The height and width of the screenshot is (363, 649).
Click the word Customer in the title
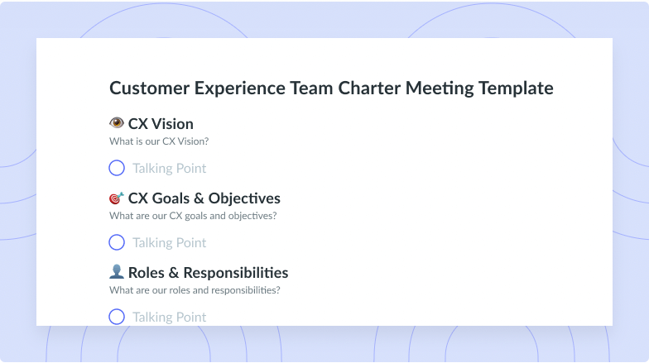coord(149,88)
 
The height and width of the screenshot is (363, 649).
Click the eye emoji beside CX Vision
coord(117,122)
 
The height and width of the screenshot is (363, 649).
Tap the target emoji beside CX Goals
coord(117,198)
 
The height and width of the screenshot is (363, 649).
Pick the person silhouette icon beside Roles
coord(117,271)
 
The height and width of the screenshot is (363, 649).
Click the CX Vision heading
coord(161,124)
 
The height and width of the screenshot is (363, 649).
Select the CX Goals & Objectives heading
coord(204,198)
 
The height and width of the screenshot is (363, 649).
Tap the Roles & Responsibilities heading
coord(209,273)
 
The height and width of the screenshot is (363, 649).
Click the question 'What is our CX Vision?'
coord(159,141)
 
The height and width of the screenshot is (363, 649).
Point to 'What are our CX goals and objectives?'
coord(193,216)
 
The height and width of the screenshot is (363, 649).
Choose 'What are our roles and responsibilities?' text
coord(195,290)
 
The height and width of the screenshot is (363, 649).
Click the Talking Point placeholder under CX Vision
coord(169,169)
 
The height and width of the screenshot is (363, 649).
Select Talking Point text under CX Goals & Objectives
coord(169,243)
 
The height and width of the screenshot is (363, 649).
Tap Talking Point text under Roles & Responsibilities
coord(169,318)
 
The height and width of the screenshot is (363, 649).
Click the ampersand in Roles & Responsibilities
coord(174,273)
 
